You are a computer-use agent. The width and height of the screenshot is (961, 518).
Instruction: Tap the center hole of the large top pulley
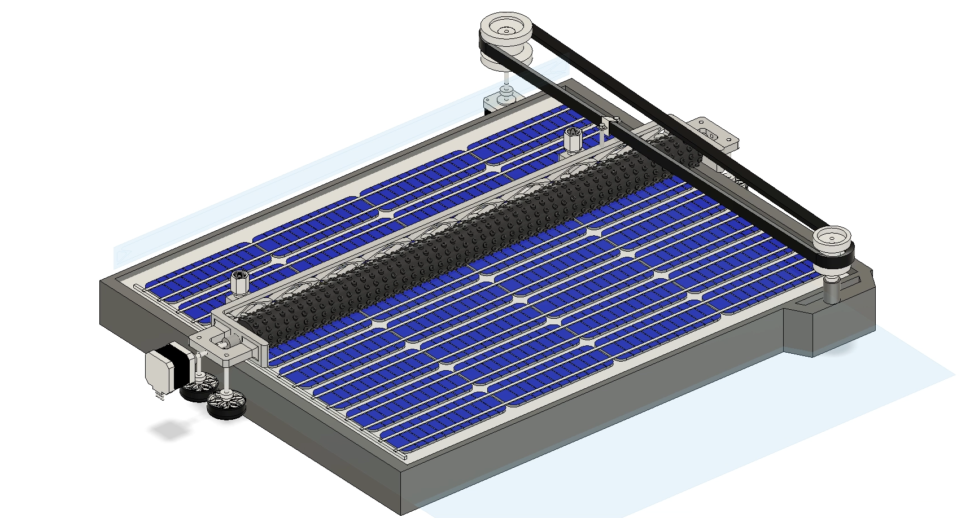[506, 30]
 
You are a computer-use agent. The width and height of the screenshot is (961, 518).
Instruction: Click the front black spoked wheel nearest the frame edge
[226, 405]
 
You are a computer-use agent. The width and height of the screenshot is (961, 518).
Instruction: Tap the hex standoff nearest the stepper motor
[240, 283]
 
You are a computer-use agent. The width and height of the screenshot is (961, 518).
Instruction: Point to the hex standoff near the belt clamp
[573, 140]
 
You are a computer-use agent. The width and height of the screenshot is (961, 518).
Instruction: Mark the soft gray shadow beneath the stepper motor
[167, 431]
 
